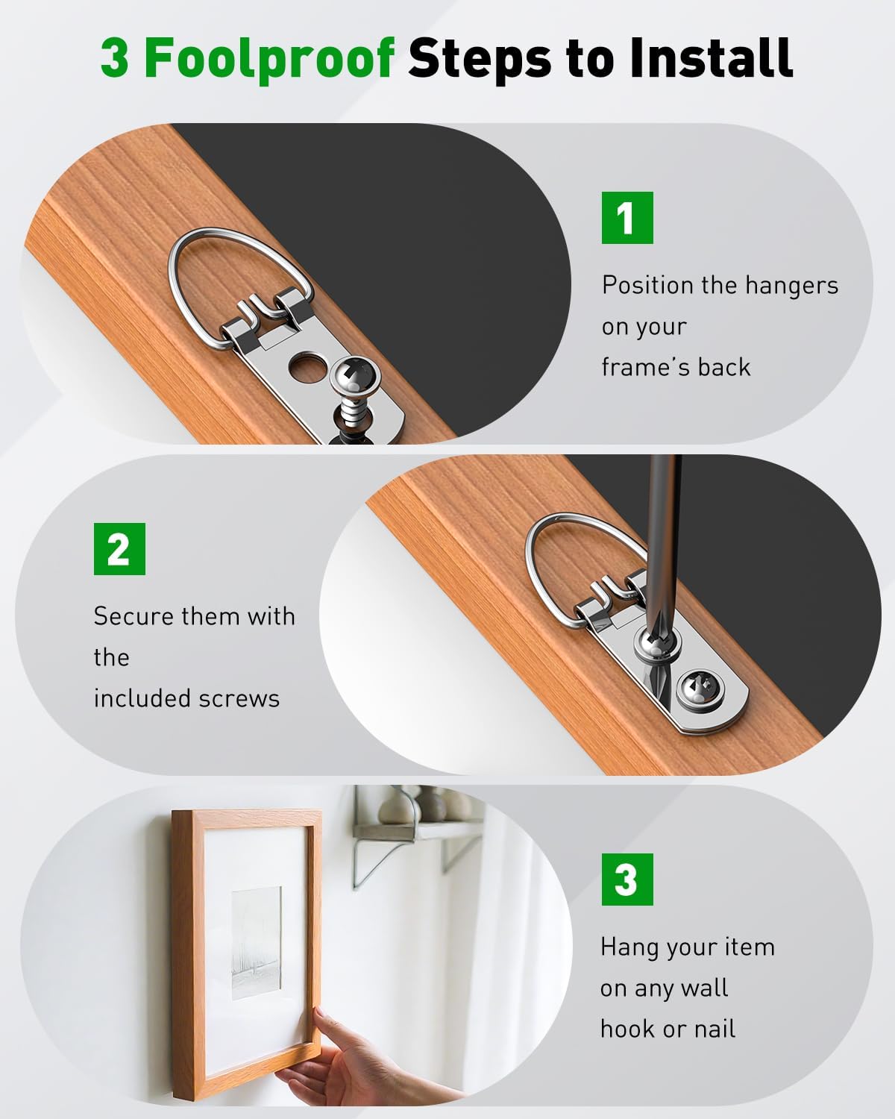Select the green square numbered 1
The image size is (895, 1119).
pos(627,218)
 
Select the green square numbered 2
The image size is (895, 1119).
pos(119,549)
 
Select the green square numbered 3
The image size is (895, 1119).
pos(626,880)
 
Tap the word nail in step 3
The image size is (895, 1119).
pos(715,1029)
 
